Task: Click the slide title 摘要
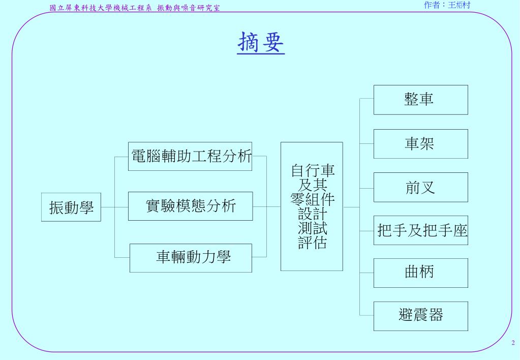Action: point(261,43)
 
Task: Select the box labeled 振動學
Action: point(71,207)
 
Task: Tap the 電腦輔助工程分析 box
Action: point(190,156)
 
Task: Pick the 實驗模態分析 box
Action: point(190,206)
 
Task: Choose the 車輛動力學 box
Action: point(191,258)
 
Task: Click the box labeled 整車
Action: point(420,100)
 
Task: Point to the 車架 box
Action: point(420,144)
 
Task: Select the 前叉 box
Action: point(420,188)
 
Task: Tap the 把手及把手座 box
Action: point(420,231)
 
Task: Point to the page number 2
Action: point(513,343)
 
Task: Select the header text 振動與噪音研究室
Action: point(189,8)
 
